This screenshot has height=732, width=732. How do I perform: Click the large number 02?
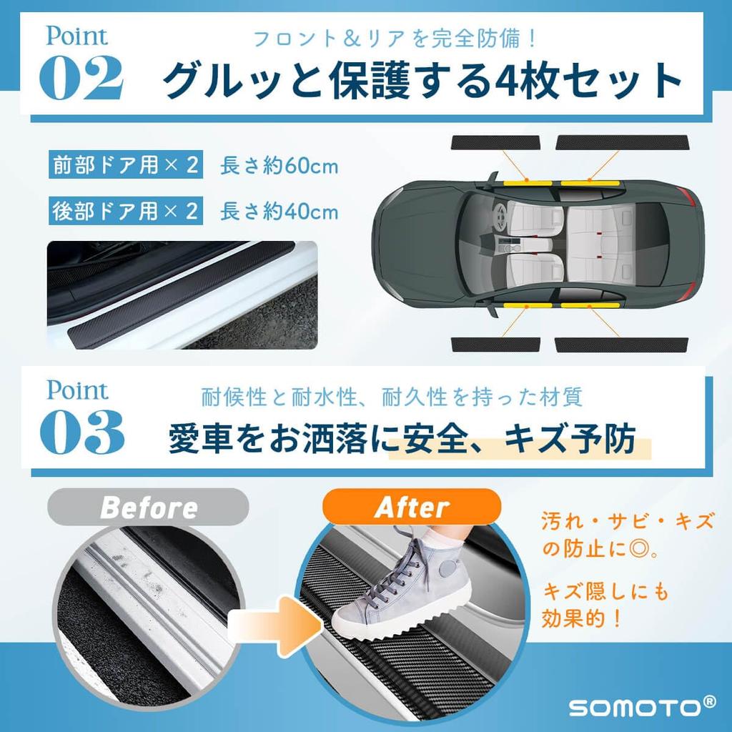click(x=81, y=77)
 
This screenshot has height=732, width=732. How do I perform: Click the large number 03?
click(x=82, y=432)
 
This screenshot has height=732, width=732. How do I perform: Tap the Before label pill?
click(x=148, y=507)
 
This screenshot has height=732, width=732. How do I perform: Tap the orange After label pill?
click(x=412, y=507)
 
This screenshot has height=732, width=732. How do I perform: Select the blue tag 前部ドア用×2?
click(x=126, y=165)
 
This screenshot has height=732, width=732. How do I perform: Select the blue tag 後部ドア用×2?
click(x=126, y=211)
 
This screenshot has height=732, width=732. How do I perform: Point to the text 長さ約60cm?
click(x=280, y=166)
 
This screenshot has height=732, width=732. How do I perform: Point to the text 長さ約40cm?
click(x=280, y=212)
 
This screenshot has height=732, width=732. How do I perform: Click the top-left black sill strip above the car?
click(x=496, y=142)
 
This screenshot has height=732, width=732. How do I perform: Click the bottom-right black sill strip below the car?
click(x=623, y=345)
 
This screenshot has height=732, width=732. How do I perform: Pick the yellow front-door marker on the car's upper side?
click(x=528, y=182)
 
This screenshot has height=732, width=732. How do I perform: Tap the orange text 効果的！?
click(x=582, y=618)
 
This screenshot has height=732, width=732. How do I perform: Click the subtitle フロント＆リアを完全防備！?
click(x=395, y=38)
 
